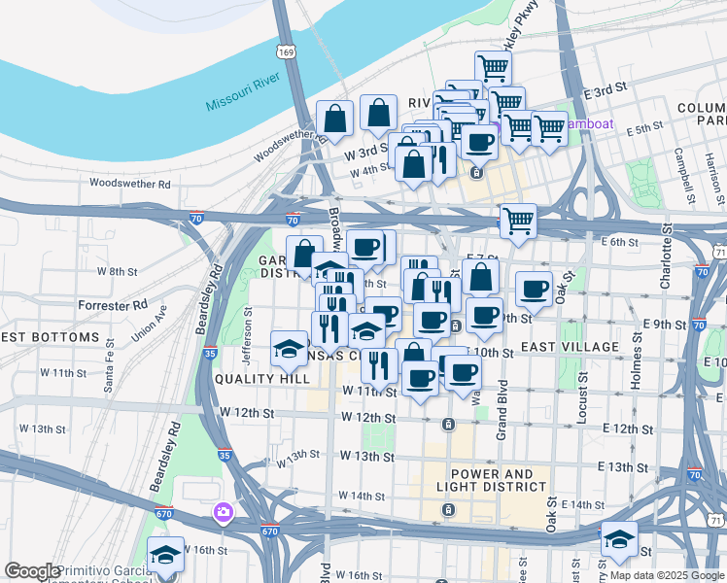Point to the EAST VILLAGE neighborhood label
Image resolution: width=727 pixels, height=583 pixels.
(571, 347)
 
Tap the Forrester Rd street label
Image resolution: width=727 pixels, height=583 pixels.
(115, 305)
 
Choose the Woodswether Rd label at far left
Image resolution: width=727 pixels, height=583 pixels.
(129, 183)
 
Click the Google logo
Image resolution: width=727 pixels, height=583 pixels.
(32, 571)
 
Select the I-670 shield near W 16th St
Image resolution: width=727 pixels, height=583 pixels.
(269, 532)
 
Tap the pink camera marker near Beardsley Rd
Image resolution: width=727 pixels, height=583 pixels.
(225, 511)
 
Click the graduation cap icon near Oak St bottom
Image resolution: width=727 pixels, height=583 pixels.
(618, 538)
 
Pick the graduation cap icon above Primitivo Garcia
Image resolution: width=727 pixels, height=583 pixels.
(166, 554)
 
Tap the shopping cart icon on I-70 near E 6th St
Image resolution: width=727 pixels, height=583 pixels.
(518, 220)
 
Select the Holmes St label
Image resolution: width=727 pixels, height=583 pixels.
(636, 362)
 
